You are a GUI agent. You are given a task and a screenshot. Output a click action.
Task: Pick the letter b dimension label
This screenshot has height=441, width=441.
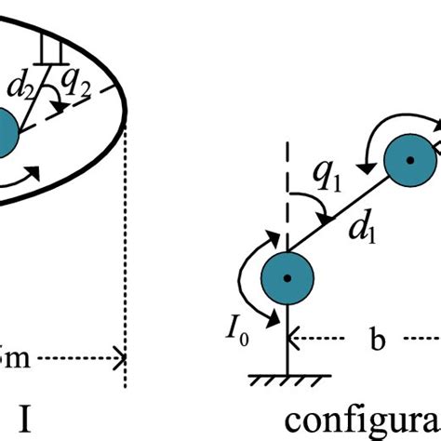(379, 341)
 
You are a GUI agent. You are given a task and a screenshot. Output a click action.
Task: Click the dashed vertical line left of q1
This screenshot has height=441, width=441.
(287, 195)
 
